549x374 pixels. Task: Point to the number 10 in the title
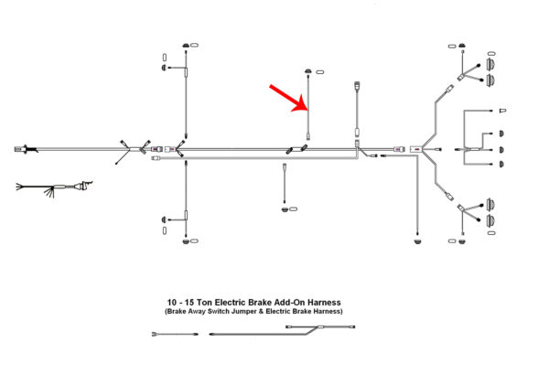173,303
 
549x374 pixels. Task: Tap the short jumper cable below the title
175,335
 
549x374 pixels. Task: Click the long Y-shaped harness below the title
274,333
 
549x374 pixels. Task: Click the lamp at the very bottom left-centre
189,243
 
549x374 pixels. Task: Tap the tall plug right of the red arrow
355,90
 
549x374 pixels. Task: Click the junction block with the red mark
417,147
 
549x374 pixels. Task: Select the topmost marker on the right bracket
502,112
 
